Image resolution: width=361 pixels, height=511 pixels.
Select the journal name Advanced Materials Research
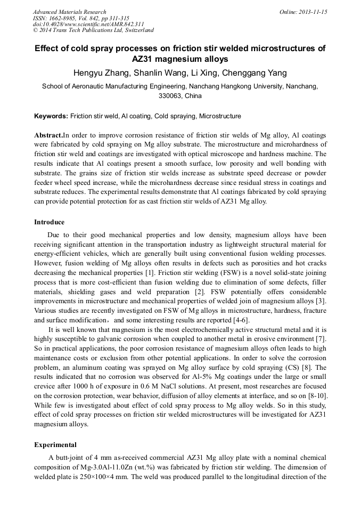point(70,12)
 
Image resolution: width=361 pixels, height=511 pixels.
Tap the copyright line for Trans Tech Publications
point(93,30)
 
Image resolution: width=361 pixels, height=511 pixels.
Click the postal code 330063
point(170,96)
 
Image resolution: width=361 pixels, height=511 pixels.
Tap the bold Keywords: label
point(51,116)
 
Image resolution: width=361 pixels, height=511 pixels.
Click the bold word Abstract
point(48,135)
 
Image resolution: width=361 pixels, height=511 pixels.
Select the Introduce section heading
point(50,222)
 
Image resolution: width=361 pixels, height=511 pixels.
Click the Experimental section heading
point(55,444)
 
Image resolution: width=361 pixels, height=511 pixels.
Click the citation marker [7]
point(322,339)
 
